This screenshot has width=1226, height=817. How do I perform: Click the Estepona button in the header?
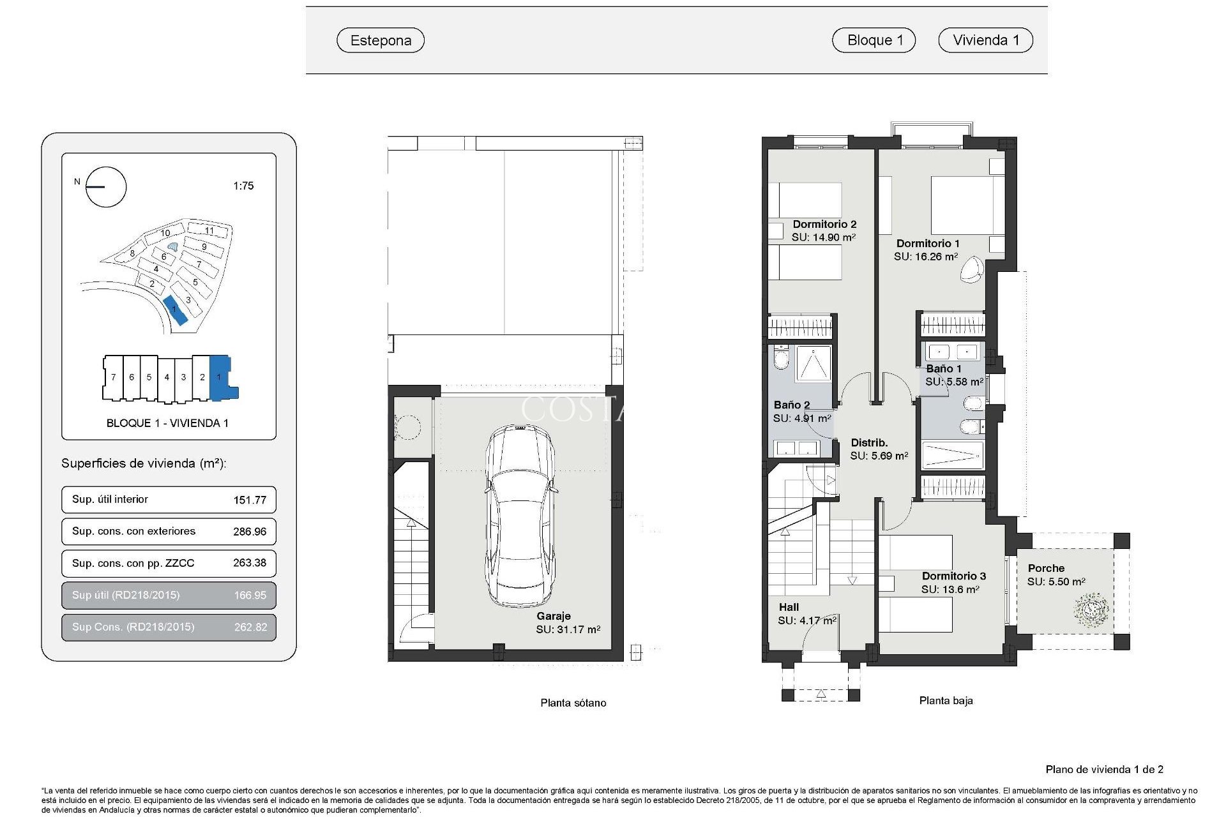click(381, 40)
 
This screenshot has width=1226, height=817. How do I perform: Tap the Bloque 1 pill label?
click(874, 40)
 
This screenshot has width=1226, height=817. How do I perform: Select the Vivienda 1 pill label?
click(985, 40)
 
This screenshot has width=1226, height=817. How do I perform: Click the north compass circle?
click(106, 187)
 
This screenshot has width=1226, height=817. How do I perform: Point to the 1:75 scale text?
click(243, 186)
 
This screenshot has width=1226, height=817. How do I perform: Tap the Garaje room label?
click(553, 616)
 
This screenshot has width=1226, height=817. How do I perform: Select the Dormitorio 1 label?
click(927, 243)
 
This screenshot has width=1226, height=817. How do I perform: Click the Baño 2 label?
click(791, 405)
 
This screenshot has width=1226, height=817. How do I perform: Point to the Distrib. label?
click(869, 442)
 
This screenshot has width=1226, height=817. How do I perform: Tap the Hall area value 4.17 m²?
click(807, 620)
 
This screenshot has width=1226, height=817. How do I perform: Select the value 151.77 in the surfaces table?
click(250, 500)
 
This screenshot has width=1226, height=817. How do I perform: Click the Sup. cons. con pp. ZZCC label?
click(133, 563)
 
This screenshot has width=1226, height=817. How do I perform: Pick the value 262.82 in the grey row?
click(250, 627)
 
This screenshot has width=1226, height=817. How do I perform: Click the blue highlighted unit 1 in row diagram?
click(220, 377)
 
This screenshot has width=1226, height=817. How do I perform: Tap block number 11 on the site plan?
click(209, 230)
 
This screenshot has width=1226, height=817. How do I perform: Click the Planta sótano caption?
click(573, 703)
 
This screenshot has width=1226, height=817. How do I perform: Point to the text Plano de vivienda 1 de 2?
click(1104, 769)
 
